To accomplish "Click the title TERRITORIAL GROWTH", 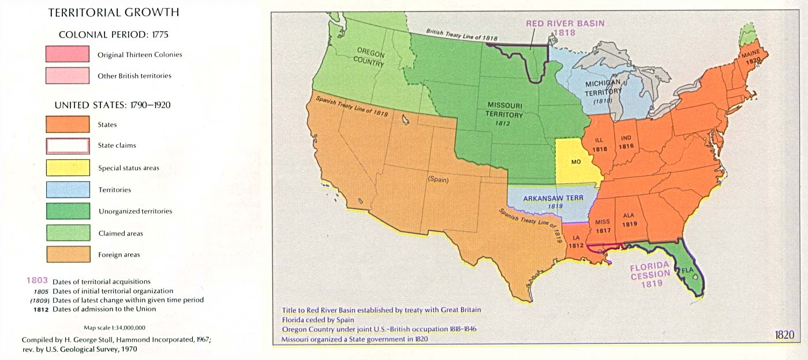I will (x=113, y=12).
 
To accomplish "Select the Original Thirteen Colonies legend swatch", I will (x=68, y=55).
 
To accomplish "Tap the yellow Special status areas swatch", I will (x=68, y=168).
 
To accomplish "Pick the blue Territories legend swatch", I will (x=68, y=190).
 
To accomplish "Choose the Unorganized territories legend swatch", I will (x=68, y=211).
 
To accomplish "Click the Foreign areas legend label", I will (x=119, y=254).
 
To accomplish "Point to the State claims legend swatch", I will (x=68, y=145).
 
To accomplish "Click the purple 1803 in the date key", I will (x=37, y=281).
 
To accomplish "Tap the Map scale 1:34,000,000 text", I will (x=114, y=327).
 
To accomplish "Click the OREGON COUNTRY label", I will (x=370, y=57).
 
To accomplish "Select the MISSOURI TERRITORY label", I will (x=505, y=110).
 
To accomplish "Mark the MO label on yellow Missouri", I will (x=576, y=162).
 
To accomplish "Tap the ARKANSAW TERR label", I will (x=553, y=198).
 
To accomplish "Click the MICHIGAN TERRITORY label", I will (x=603, y=88).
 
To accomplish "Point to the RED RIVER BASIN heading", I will (x=564, y=24).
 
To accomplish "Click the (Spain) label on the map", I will (x=438, y=179).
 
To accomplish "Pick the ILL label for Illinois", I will (x=599, y=139).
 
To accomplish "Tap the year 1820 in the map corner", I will (x=785, y=335).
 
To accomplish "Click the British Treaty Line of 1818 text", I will (x=462, y=35).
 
